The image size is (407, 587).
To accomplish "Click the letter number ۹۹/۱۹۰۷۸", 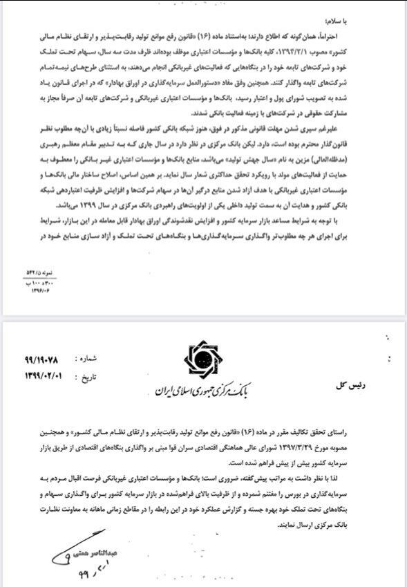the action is tap(44, 360).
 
